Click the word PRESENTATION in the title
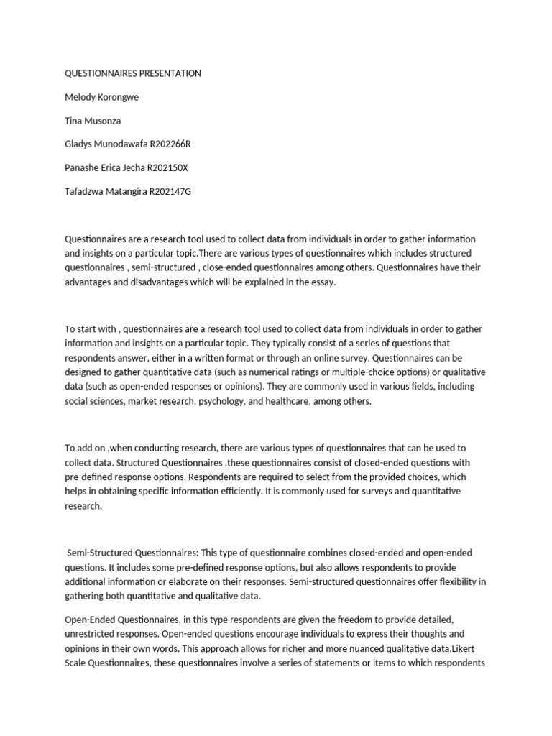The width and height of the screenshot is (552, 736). (x=165, y=73)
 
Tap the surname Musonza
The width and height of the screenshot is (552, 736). (x=105, y=121)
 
